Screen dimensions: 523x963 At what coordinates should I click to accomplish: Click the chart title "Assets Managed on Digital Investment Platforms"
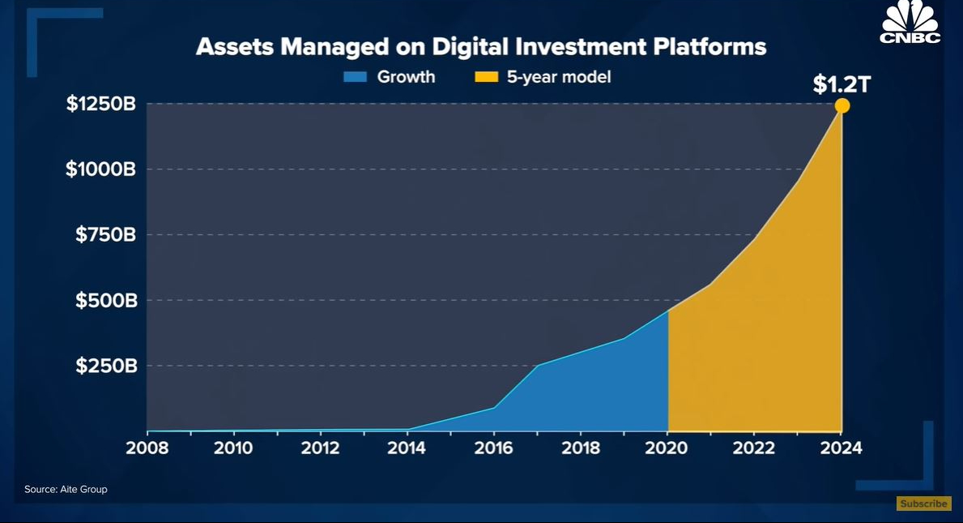coord(481,47)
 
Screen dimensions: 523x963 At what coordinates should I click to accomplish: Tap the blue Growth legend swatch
coord(356,78)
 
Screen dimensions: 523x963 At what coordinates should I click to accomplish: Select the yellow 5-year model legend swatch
coord(485,78)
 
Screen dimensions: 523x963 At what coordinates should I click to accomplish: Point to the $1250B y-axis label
coord(100,105)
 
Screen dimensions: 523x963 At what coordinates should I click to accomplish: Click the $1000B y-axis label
coord(100,169)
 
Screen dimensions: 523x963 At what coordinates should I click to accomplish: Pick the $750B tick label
coord(105,235)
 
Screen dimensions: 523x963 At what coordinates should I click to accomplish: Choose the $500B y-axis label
coord(105,301)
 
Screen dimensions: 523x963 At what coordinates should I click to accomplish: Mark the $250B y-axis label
coord(105,366)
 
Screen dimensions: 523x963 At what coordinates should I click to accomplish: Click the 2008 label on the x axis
coord(147,448)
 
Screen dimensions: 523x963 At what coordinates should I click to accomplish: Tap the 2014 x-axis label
coord(407,448)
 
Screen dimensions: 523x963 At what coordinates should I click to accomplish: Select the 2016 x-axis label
coord(494,448)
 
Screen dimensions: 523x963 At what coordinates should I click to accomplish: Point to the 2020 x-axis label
coord(668,448)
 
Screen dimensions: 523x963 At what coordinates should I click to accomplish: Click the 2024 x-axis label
coord(842,448)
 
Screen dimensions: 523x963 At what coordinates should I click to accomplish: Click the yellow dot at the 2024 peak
coord(842,105)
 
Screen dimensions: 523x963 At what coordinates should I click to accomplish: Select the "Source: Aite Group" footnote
coord(66,490)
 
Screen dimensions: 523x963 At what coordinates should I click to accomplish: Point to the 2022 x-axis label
coord(755,448)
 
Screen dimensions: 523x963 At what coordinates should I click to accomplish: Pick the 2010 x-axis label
coord(233,448)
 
